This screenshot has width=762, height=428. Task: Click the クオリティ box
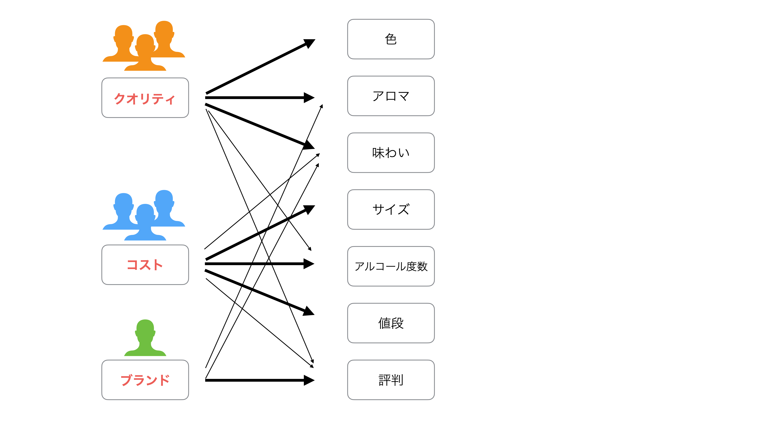pos(145,98)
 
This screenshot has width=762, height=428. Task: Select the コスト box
pos(145,265)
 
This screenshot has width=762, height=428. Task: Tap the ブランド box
pos(145,380)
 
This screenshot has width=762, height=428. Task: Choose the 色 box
pos(391,39)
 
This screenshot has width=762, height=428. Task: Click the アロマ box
pos(391,96)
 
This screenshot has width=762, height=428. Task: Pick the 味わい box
pos(391,153)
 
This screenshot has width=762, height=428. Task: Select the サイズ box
pos(391,209)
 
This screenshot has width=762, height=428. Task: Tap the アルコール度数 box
pos(391,266)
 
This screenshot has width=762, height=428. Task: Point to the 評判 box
pos(391,380)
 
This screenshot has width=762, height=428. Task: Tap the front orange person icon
pos(145,53)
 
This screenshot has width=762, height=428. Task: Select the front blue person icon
pos(145,222)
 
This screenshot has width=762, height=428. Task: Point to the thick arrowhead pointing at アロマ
pos(309,97)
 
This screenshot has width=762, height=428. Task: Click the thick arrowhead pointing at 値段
pos(309,311)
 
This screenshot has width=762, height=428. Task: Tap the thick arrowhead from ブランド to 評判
pos(309,380)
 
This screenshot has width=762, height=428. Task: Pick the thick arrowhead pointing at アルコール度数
pos(309,264)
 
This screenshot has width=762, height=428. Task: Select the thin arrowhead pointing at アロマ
pos(321,106)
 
